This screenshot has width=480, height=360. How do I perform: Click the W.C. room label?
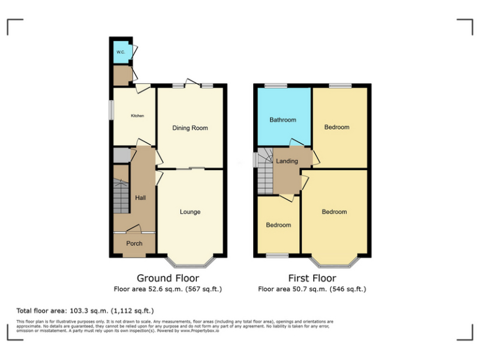(x=121, y=52)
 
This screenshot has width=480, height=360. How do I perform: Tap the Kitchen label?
(x=137, y=116)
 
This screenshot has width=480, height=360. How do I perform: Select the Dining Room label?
(x=190, y=128)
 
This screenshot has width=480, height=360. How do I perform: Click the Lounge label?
(x=190, y=212)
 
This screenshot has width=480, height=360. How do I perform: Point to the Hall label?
(x=141, y=197)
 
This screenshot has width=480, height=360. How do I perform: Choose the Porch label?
(x=134, y=243)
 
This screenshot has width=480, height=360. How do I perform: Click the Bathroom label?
(x=282, y=120)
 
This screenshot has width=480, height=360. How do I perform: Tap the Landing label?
(x=287, y=161)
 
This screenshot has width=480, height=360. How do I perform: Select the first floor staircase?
(x=266, y=172)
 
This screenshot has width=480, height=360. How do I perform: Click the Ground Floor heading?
(x=167, y=278)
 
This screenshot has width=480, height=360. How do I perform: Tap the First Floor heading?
(x=312, y=278)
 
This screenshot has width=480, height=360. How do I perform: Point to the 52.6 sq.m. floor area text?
(x=167, y=289)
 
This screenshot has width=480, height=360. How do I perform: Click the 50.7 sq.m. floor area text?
(x=312, y=289)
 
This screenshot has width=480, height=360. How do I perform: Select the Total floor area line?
(x=84, y=311)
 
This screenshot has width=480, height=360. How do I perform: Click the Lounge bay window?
(x=191, y=262)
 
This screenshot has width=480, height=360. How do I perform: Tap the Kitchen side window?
(x=112, y=110)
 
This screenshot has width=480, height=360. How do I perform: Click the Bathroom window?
(x=275, y=86)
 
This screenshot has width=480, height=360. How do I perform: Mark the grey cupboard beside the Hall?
(x=121, y=155)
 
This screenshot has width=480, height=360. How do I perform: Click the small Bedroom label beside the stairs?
(x=278, y=225)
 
